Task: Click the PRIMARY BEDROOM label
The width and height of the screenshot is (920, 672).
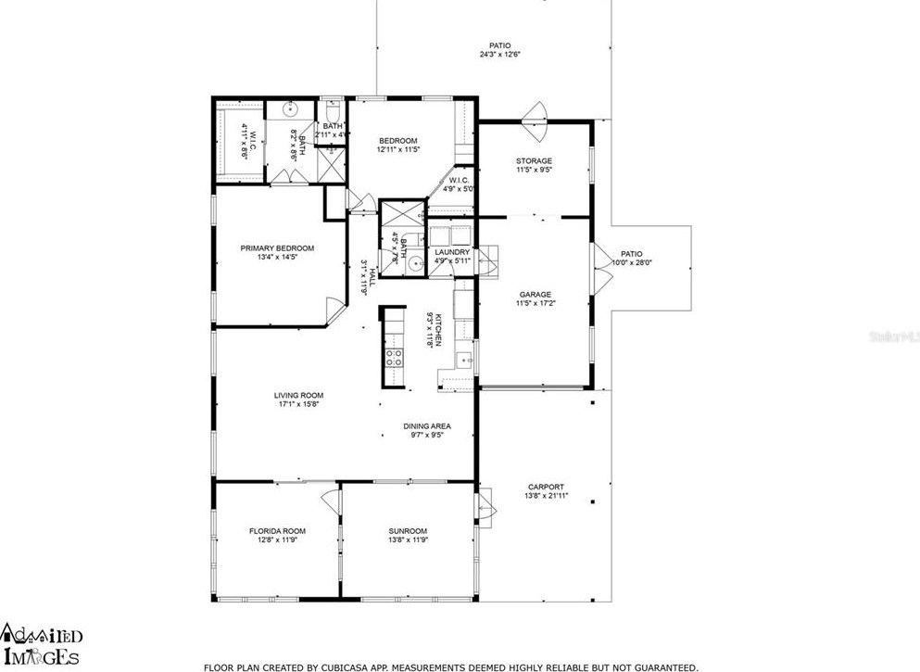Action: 277,248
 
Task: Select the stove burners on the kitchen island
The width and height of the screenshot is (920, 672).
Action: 393,358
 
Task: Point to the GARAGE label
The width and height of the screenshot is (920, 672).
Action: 535,294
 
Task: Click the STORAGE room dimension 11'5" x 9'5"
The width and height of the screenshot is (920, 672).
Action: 534,171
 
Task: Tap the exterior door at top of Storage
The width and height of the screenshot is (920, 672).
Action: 535,114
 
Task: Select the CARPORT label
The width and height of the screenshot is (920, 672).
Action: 546,487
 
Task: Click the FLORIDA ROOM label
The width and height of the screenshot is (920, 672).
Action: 277,531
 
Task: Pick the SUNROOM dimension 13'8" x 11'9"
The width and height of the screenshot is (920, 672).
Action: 408,540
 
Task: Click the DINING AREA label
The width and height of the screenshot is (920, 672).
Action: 426,426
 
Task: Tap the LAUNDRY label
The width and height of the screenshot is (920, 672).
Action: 452,252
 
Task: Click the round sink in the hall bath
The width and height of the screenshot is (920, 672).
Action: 416,262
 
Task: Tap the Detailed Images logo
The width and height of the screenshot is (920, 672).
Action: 43,645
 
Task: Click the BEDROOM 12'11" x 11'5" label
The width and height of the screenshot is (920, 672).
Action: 397,141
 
